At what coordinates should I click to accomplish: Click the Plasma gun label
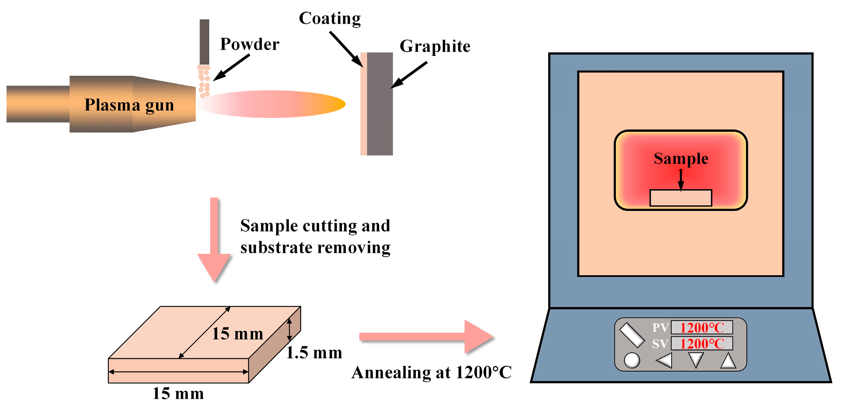pyautogui.click(x=129, y=105)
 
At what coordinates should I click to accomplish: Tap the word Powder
pyautogui.click(x=250, y=44)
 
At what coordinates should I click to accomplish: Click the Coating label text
pyautogui.click(x=330, y=19)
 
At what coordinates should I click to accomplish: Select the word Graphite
pyautogui.click(x=435, y=46)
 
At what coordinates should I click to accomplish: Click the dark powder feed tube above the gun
pyautogui.click(x=204, y=42)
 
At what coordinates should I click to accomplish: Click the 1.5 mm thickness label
pyautogui.click(x=314, y=353)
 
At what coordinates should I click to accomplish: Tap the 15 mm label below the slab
pyautogui.click(x=178, y=394)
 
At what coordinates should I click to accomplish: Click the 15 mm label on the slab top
pyautogui.click(x=238, y=334)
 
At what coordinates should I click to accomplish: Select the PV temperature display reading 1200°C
pyautogui.click(x=702, y=328)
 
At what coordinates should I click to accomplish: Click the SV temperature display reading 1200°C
pyautogui.click(x=702, y=344)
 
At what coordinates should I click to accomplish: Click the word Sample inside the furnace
pyautogui.click(x=681, y=159)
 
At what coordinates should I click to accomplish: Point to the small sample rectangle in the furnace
pyautogui.click(x=681, y=198)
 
